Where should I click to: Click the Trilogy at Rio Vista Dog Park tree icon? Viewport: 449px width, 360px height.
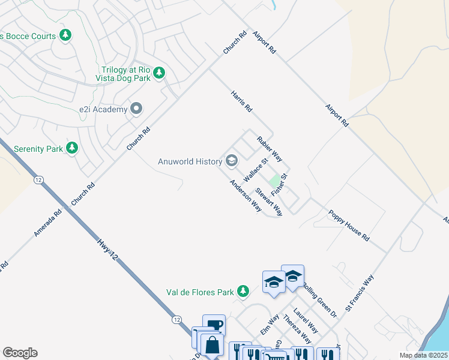[158, 73]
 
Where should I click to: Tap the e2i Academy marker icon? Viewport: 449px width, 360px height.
[136, 109]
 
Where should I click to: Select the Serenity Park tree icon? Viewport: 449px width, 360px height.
[72, 148]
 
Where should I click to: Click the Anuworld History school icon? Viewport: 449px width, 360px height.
[232, 160]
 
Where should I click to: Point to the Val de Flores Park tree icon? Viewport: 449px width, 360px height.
[243, 292]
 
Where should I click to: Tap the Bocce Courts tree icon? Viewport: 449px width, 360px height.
[65, 36]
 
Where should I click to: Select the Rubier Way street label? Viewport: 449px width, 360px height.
[270, 148]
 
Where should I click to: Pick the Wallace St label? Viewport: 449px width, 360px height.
[256, 171]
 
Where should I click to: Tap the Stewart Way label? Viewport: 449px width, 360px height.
[268, 201]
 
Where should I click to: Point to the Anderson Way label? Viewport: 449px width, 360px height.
[246, 196]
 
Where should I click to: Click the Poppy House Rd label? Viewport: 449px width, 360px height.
[348, 225]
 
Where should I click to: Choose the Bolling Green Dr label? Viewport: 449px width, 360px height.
[319, 299]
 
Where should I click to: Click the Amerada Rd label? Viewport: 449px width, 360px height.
[47, 222]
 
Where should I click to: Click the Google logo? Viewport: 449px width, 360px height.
[20, 353]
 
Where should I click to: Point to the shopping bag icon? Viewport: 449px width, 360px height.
[212, 345]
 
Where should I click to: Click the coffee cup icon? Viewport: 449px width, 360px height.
[214, 325]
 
